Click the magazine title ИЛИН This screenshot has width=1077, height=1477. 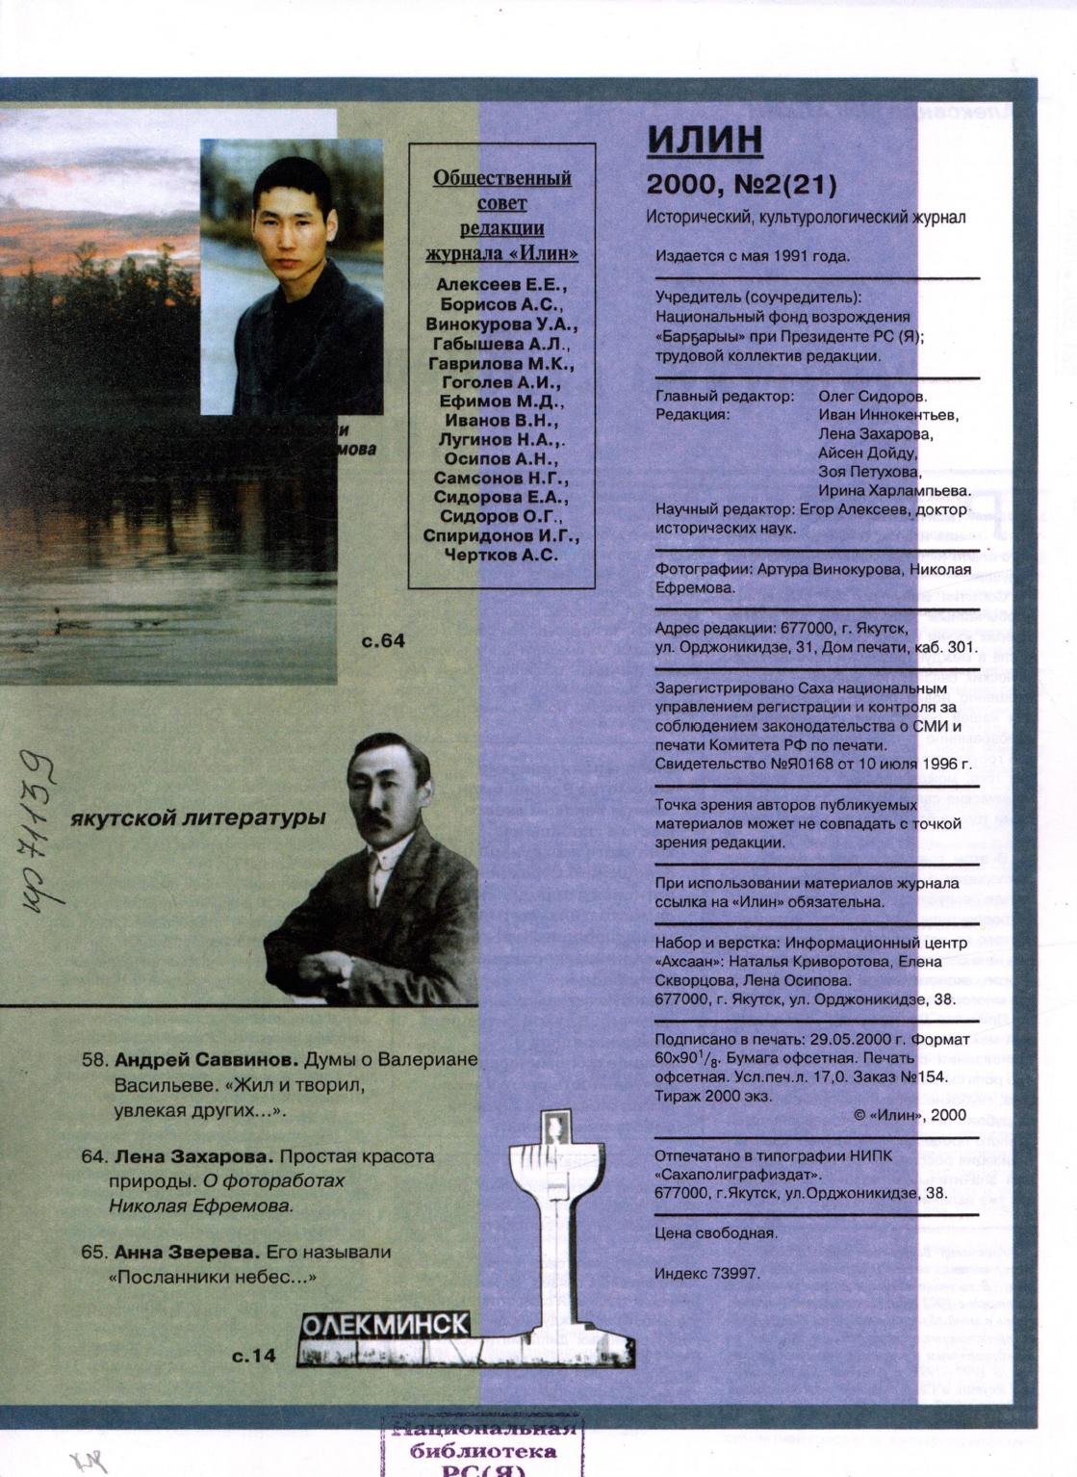click(705, 139)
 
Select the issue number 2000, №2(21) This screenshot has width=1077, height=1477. click(742, 183)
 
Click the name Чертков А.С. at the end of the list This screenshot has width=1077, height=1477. click(501, 554)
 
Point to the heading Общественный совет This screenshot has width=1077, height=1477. click(501, 190)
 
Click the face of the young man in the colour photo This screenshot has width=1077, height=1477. click(288, 221)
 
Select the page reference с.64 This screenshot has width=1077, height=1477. click(383, 640)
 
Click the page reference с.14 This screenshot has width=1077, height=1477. click(254, 1356)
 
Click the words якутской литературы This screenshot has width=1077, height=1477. click(198, 818)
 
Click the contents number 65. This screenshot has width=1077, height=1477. click(93, 1253)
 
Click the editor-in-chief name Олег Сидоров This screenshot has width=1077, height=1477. click(872, 396)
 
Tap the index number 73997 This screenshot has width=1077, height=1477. click(736, 1273)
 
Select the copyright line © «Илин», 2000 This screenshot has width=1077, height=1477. click(909, 1114)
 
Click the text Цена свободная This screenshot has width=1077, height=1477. click(716, 1232)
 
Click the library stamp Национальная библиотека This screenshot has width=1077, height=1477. click(484, 1449)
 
